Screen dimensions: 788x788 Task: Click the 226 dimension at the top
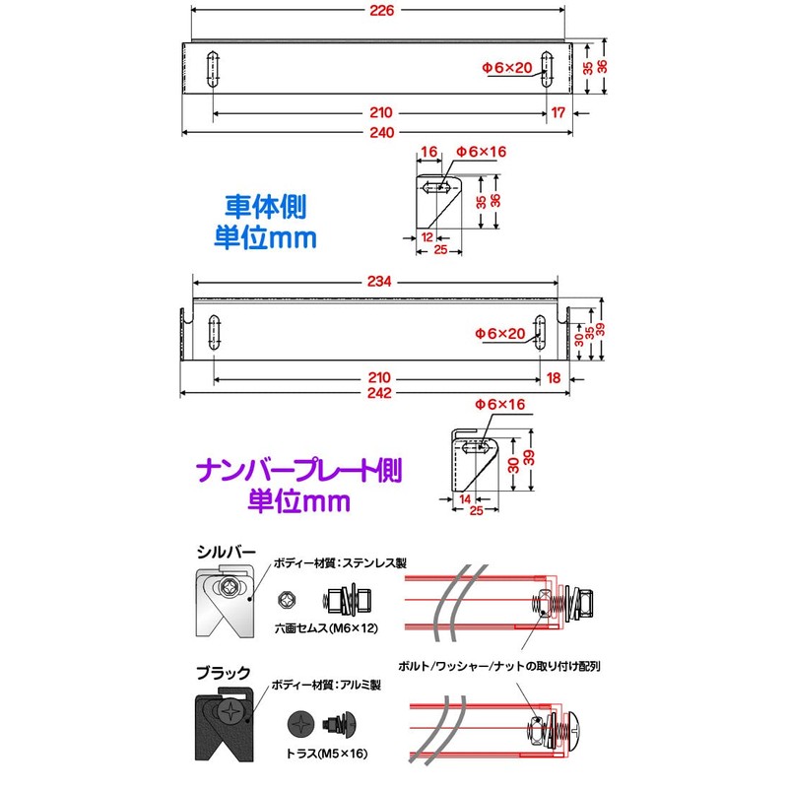[x=381, y=11]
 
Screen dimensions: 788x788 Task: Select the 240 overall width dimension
[x=381, y=133]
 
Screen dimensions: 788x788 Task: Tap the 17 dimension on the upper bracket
[x=558, y=112]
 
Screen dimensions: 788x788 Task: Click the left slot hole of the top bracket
[x=213, y=69]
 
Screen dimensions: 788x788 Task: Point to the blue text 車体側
[x=265, y=207]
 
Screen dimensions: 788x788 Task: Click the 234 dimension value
[x=379, y=282]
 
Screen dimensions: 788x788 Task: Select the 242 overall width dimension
[x=379, y=393]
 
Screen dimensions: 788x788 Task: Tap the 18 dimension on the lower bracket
[x=554, y=378]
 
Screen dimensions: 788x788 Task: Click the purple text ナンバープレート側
[x=299, y=471]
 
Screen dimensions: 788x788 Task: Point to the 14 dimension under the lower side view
[x=465, y=499]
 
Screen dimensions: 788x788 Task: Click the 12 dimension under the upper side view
[x=427, y=237]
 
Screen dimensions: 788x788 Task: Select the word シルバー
[x=227, y=552]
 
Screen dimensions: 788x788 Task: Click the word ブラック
[x=224, y=673]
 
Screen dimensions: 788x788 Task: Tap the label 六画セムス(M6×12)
[x=326, y=628]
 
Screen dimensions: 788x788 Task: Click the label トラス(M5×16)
[x=327, y=754]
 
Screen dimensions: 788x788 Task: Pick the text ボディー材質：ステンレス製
[x=340, y=563]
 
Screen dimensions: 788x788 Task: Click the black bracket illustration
[x=225, y=727]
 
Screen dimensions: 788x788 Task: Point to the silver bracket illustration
[x=225, y=602]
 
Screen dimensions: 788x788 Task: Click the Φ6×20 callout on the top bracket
[x=506, y=67]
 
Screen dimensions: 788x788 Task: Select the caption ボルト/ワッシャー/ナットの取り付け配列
[x=499, y=667]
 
